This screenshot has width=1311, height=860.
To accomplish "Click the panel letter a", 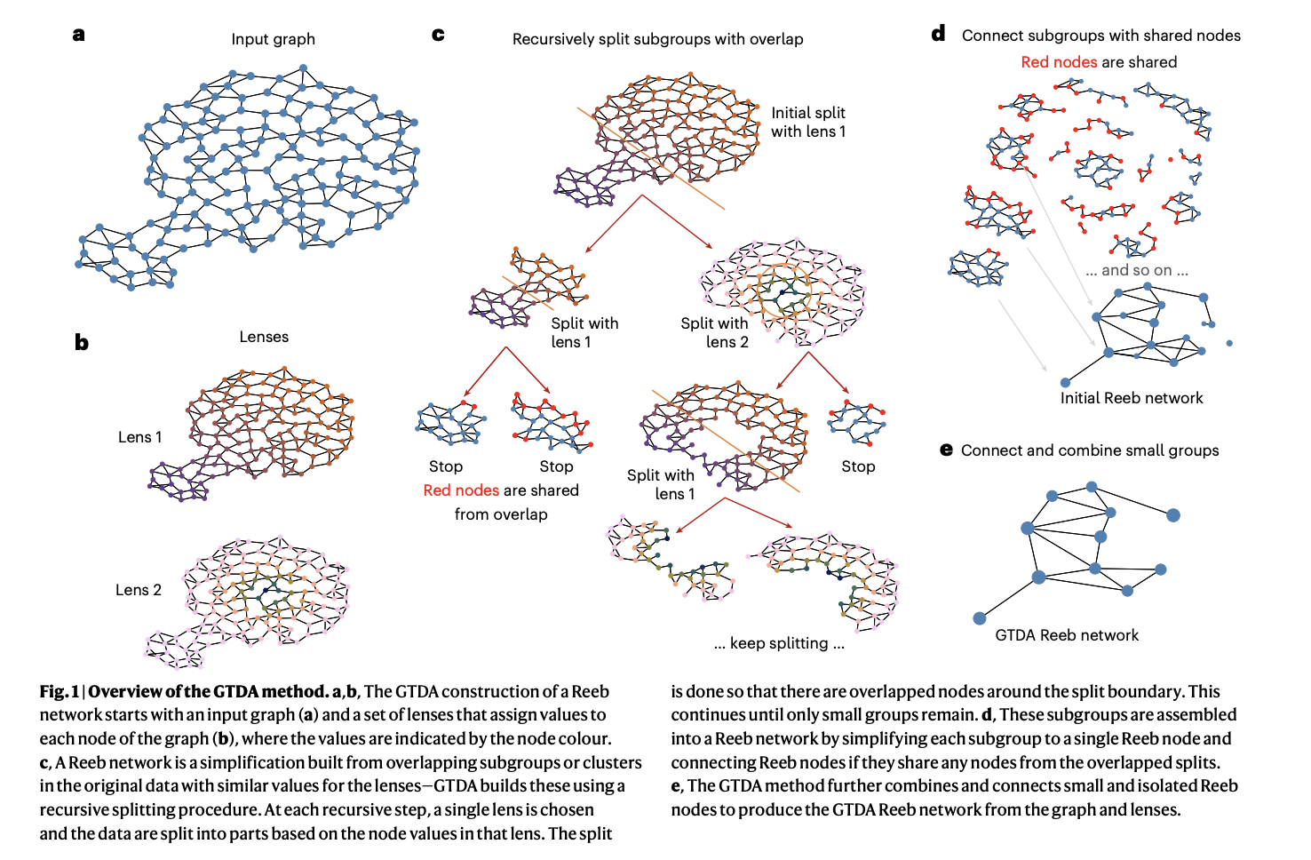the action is (78, 36).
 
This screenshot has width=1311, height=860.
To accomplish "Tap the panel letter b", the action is (82, 342).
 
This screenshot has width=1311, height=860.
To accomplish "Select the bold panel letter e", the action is (946, 450).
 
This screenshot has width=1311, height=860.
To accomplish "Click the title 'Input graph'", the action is (273, 39).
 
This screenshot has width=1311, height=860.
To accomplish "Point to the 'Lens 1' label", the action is (139, 437).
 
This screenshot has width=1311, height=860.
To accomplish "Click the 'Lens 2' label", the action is (139, 590).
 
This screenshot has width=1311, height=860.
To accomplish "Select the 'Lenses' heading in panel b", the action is (264, 337).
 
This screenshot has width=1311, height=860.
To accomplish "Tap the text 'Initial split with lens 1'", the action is (808, 122).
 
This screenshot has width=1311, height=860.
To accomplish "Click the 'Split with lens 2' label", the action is (715, 332).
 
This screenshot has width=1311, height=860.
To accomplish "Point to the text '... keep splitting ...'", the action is (779, 643).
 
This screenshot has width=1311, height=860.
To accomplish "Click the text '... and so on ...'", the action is (1137, 270).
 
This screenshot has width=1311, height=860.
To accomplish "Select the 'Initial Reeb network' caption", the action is (1132, 398).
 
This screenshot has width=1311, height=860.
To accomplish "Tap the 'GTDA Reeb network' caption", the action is (1067, 635).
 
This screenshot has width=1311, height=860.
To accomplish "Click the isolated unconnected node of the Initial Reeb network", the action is (1229, 343).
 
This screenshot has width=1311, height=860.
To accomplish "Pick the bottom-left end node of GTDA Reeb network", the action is (980, 618).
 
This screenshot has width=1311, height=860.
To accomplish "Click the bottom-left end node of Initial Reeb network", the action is (1065, 382).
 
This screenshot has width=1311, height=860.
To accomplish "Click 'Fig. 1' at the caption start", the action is (60, 691).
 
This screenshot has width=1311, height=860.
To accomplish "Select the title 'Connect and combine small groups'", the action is (1090, 450).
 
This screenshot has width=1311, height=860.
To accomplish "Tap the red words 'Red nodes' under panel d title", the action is (1059, 62).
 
